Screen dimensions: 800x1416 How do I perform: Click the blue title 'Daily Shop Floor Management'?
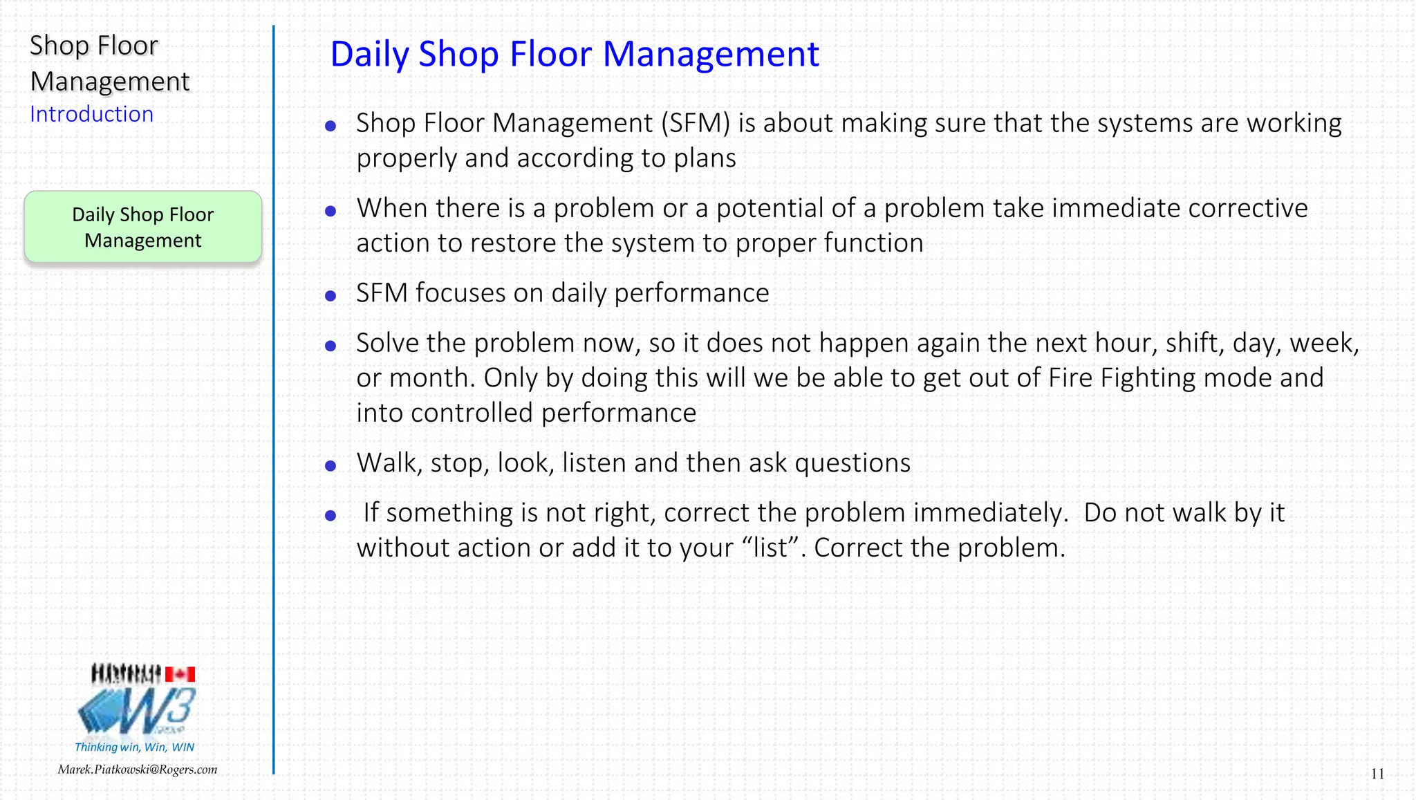point(574,54)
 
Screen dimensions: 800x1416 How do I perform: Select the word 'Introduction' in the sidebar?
point(91,114)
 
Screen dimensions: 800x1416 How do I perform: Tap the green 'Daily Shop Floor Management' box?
point(143,227)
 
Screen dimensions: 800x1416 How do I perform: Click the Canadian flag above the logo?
point(180,673)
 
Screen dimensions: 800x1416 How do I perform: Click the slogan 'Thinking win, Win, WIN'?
point(134,747)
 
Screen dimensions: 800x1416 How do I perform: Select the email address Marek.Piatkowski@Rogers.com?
point(138,770)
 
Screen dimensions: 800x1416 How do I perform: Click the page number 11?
point(1377,774)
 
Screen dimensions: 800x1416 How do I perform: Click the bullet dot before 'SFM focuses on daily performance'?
point(330,296)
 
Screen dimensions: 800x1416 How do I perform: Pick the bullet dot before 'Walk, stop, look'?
point(330,466)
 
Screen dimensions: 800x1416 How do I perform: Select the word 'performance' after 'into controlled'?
point(619,413)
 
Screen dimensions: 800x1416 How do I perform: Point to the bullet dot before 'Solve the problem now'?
point(330,346)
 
